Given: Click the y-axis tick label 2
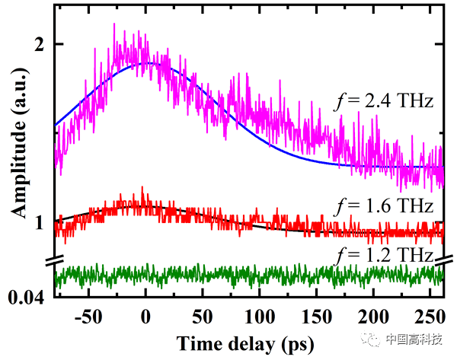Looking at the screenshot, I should (x=39, y=44).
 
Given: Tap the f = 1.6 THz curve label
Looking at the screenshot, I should (x=385, y=205).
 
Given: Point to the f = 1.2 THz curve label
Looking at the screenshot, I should (x=385, y=254).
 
